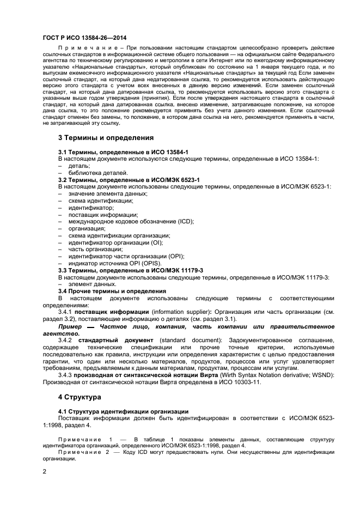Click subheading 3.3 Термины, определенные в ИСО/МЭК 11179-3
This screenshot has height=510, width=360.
[131, 270]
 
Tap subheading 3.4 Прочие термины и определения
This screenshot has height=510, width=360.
[112, 292]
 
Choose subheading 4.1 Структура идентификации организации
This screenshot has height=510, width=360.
[123, 411]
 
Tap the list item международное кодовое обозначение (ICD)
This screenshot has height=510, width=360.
[131, 222]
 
